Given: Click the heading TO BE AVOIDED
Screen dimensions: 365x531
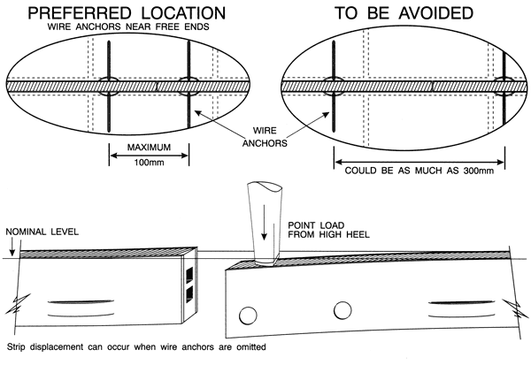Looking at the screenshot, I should click(402, 14).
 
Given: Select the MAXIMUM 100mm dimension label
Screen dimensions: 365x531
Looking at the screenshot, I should click(148, 154).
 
